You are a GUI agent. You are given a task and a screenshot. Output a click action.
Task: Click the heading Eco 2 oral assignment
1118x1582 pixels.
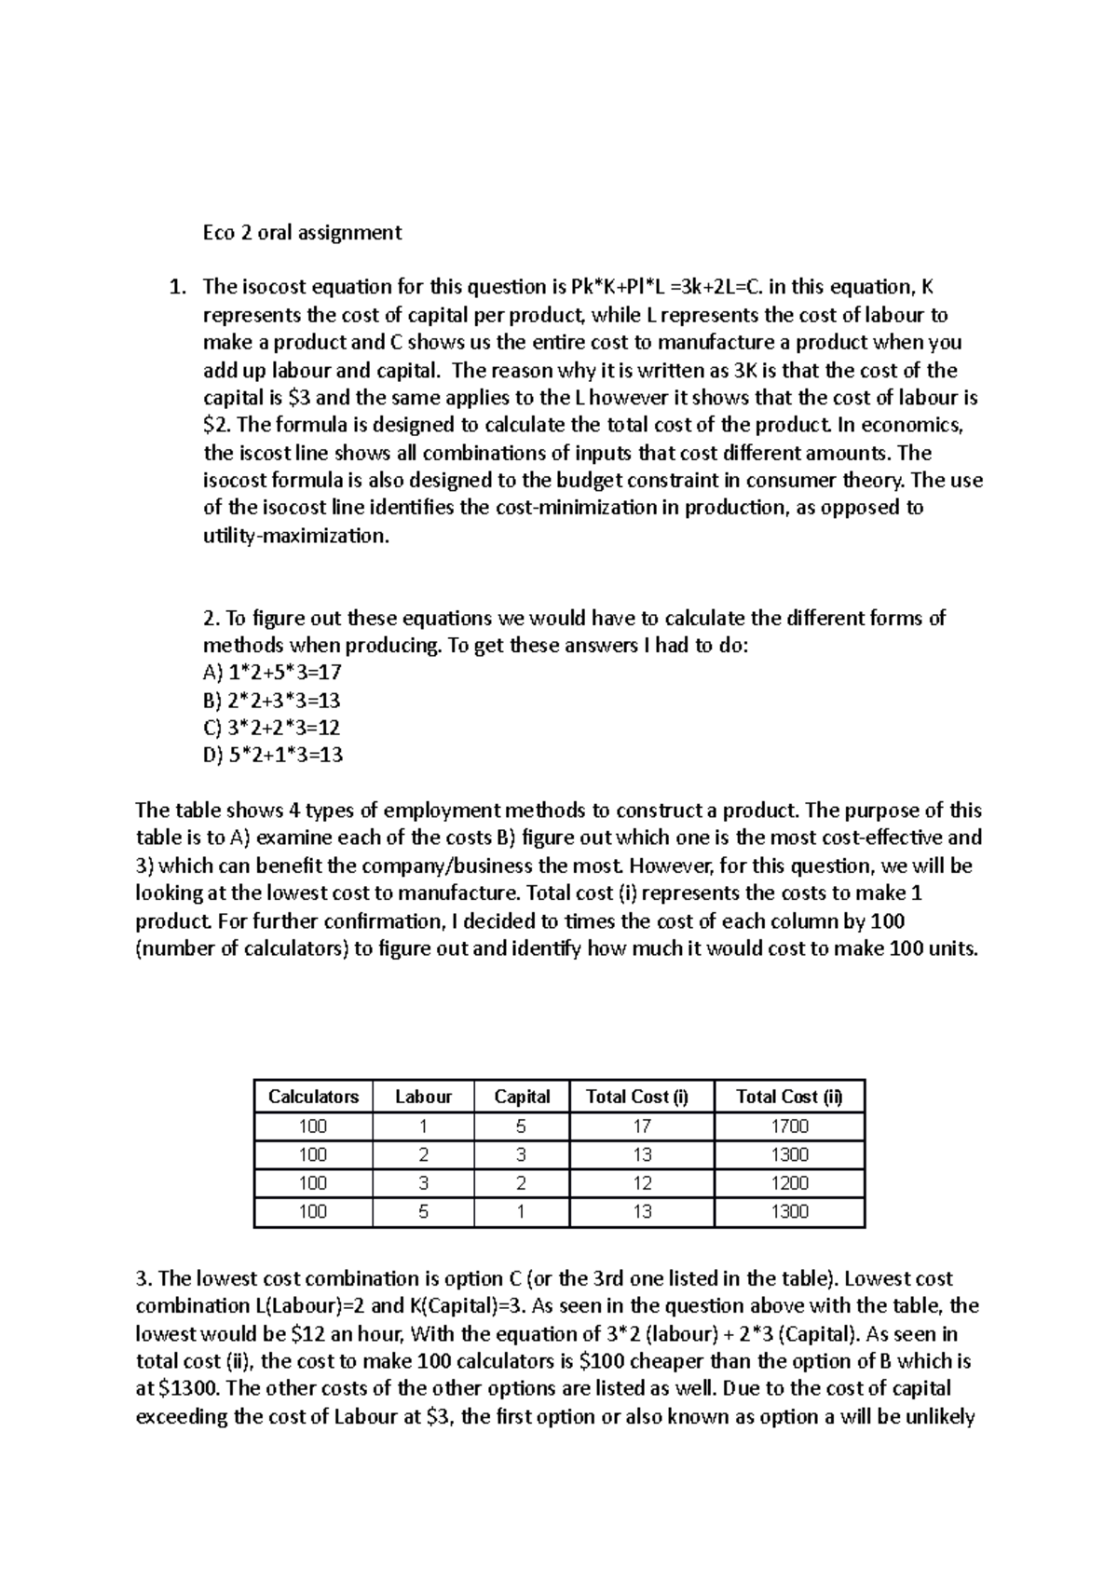click(302, 233)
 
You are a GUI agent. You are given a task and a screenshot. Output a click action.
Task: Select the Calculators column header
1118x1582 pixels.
click(313, 1097)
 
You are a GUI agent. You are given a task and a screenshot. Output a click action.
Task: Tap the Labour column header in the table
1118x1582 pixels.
click(423, 1097)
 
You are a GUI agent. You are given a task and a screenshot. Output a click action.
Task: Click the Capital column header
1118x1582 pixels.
click(522, 1097)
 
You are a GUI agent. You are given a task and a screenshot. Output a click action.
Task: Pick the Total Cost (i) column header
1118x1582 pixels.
click(641, 1097)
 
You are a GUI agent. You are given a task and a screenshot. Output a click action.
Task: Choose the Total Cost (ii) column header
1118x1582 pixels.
click(789, 1097)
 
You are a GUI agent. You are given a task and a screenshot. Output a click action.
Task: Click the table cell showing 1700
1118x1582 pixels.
click(789, 1125)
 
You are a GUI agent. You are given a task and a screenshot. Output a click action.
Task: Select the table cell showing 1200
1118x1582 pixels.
click(789, 1183)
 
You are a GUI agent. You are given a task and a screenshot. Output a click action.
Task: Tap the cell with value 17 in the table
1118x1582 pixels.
click(641, 1125)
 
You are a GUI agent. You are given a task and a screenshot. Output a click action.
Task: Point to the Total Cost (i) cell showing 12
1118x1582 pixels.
click(641, 1183)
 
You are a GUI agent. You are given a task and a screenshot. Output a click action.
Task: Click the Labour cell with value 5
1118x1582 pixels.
click(423, 1212)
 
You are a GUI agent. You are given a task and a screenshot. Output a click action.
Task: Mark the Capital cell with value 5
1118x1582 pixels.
click(522, 1125)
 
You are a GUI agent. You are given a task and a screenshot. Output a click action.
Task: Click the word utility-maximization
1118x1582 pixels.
click(293, 537)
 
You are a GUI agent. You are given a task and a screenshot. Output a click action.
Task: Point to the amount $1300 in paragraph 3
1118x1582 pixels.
click(189, 1389)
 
